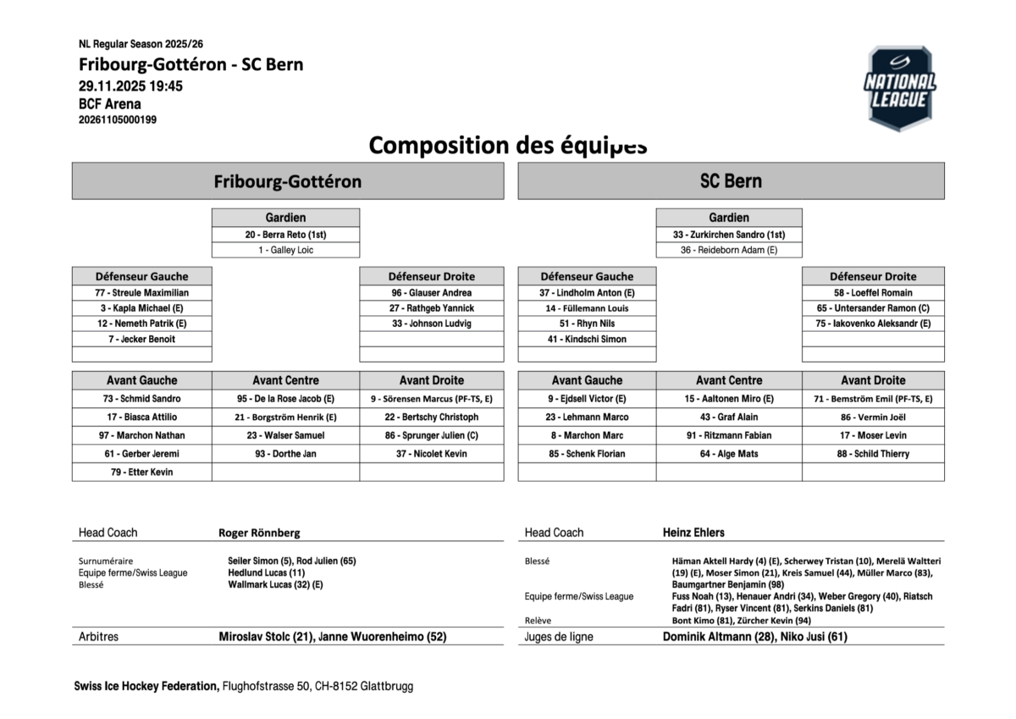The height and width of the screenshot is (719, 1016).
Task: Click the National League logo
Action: coord(899,88)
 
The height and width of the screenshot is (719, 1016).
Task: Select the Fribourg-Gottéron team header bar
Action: coord(287,181)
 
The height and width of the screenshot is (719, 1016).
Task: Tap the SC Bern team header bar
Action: coord(731,181)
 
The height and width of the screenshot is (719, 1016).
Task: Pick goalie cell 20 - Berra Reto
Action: coord(285,235)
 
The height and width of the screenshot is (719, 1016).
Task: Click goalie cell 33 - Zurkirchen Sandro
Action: coord(728,235)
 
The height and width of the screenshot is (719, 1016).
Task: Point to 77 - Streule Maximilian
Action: coord(141,293)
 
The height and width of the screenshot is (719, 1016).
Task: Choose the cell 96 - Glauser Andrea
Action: coord(432,293)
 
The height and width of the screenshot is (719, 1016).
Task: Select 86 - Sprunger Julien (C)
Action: coord(432,435)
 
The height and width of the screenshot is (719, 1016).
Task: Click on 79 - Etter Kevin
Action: coord(141,473)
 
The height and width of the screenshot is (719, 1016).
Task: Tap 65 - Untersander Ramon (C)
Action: coord(873,308)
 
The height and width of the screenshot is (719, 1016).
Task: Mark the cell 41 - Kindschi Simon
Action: coord(587,339)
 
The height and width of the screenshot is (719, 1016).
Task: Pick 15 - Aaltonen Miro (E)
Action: coord(729,399)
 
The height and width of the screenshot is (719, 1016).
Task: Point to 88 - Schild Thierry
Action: coord(873,454)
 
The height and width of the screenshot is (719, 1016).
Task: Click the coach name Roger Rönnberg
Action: coord(259,533)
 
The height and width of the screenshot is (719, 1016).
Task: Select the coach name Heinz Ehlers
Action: coord(693,533)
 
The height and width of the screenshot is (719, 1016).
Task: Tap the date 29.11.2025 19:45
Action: coord(130,86)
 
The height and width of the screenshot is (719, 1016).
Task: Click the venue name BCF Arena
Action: coord(110,104)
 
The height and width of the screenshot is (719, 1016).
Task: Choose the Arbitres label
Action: coord(98,637)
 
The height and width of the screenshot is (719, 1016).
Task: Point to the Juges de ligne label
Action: coord(559,637)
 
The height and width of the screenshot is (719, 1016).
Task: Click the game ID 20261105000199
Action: coord(118,120)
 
